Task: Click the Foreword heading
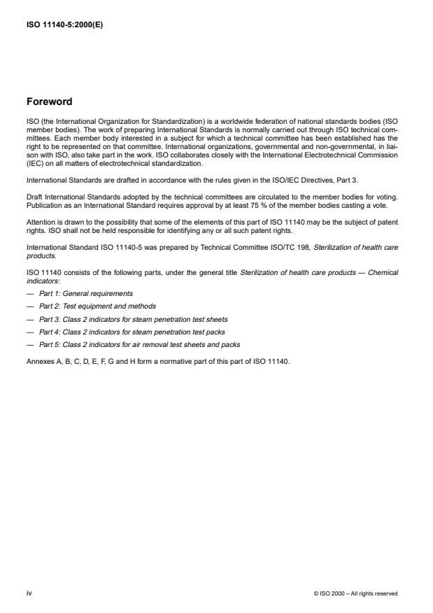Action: click(x=49, y=101)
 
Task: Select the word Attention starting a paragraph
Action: click(x=40, y=223)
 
